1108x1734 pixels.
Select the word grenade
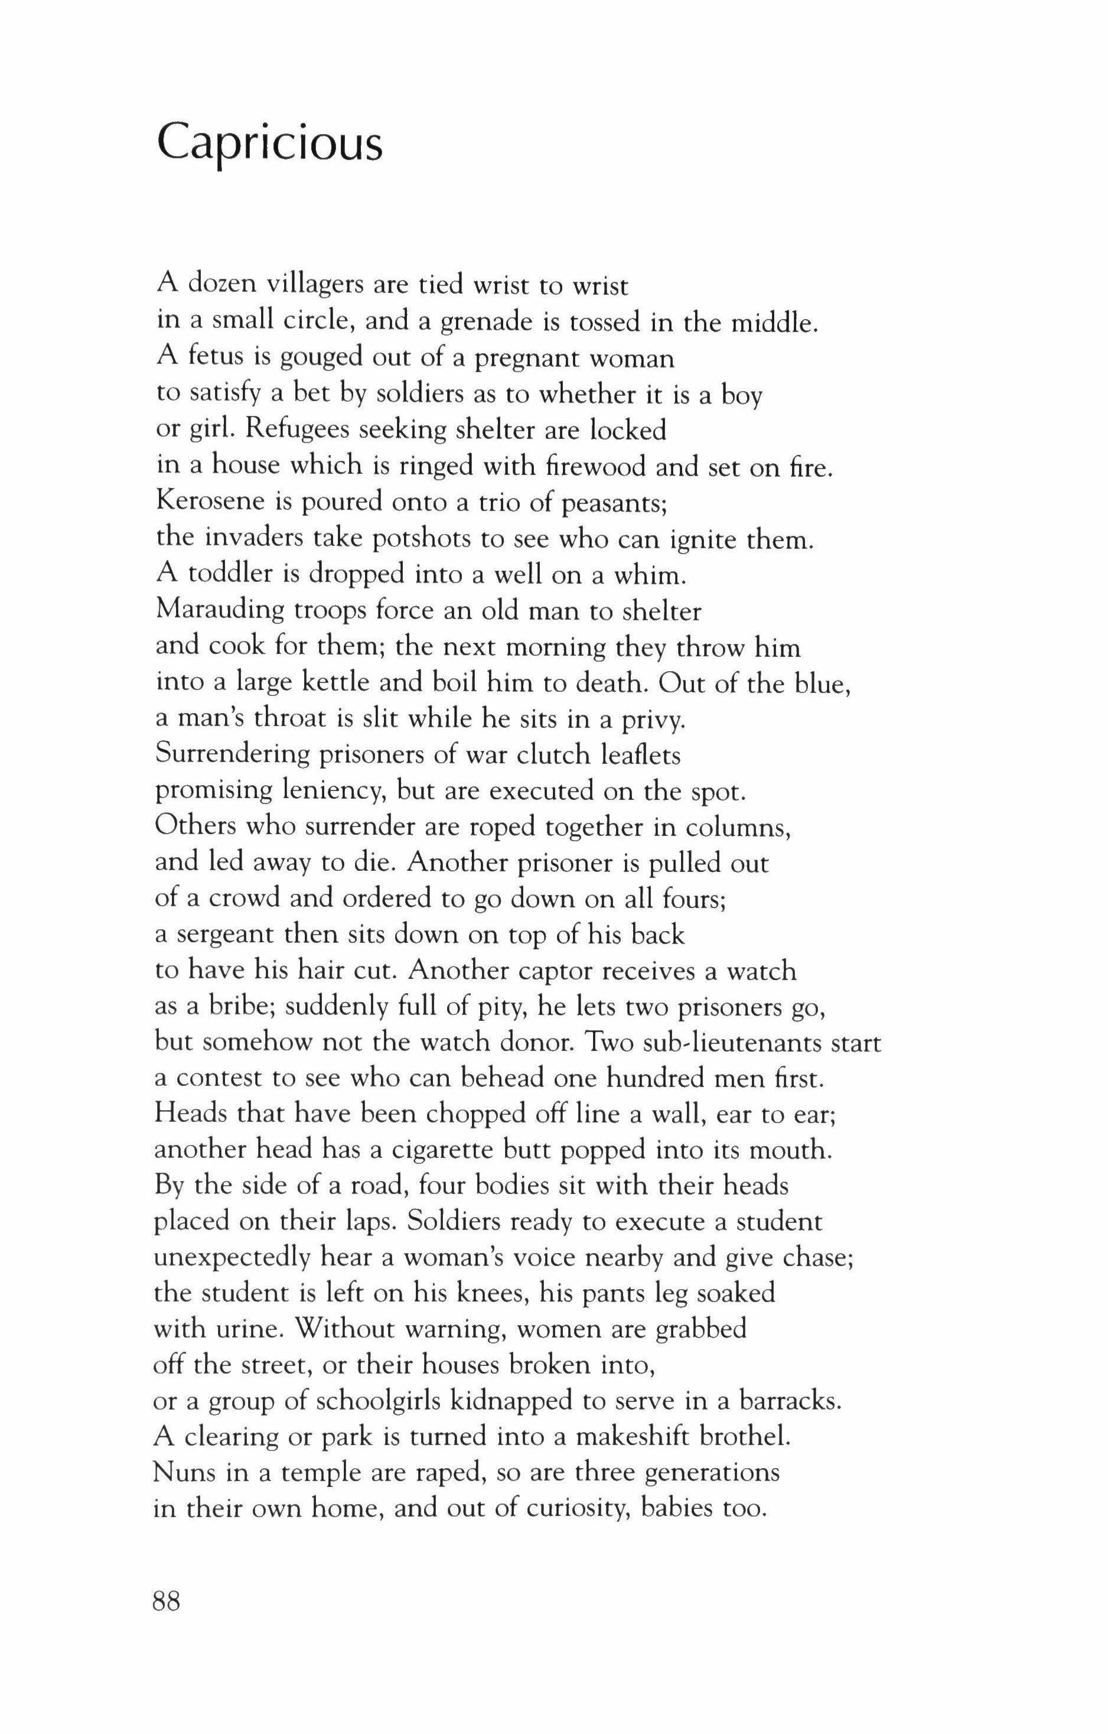486,322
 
